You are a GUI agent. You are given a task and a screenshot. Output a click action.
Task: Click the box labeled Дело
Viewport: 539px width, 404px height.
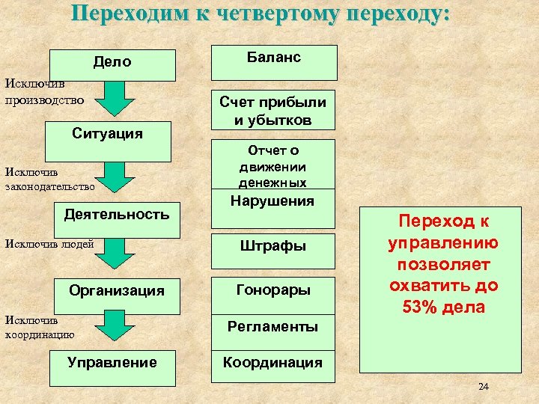point(112,64)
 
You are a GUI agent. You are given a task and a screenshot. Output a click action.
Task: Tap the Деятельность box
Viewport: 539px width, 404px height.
point(117,215)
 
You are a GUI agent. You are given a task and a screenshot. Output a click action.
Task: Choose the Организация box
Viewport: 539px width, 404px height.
point(116,290)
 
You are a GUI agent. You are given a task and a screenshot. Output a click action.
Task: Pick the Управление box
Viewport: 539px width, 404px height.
point(112,363)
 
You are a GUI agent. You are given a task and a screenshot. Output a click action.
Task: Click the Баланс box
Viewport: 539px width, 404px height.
point(272,61)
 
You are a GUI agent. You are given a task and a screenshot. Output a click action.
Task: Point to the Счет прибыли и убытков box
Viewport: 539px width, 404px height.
point(272,111)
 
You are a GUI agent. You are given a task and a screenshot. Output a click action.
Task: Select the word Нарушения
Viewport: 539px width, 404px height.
point(272,201)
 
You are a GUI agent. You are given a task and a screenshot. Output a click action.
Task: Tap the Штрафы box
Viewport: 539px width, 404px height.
point(272,245)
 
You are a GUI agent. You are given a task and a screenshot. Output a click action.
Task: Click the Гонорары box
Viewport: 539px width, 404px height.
point(272,290)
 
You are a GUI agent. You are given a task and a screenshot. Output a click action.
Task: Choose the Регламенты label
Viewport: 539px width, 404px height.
point(272,326)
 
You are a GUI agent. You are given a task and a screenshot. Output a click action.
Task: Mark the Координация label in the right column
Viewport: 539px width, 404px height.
point(272,363)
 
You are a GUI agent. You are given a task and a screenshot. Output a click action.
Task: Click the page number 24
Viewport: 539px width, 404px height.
point(483,387)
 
